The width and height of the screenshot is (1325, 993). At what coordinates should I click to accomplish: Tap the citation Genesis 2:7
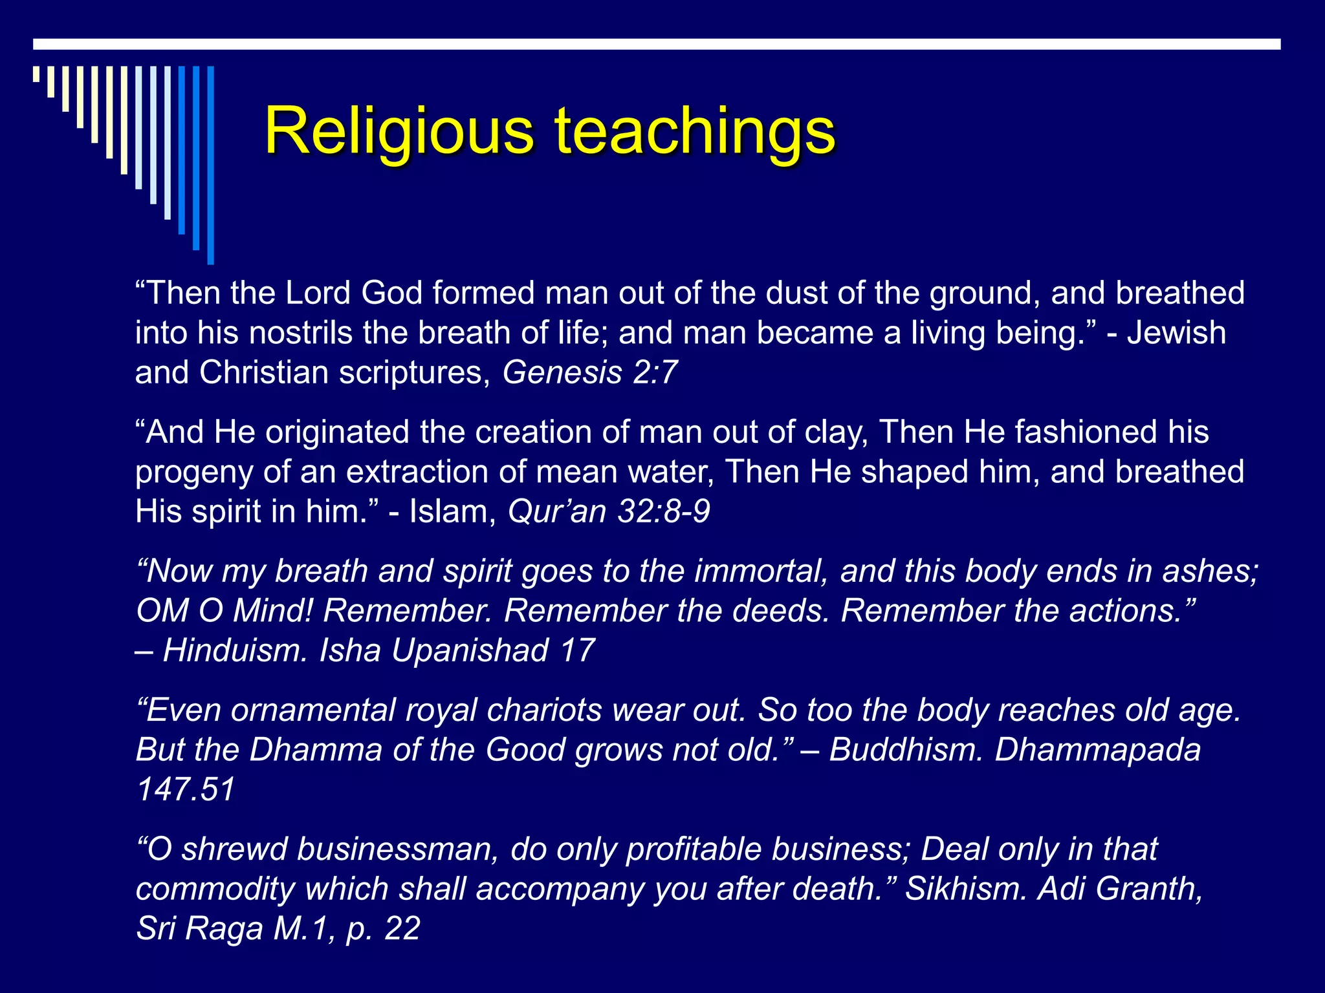click(x=590, y=372)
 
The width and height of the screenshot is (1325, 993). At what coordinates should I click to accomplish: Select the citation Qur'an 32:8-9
click(x=609, y=511)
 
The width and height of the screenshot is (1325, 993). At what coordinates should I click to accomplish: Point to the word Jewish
click(x=1176, y=333)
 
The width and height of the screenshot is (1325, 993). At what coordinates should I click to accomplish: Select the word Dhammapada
click(x=1097, y=750)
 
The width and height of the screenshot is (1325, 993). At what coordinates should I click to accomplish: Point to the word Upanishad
click(x=470, y=650)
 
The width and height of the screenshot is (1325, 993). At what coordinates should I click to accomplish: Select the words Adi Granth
click(x=1119, y=889)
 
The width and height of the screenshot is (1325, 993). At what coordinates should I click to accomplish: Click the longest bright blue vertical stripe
click(x=210, y=165)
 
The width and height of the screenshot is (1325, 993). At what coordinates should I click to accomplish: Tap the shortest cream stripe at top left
click(x=36, y=74)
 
